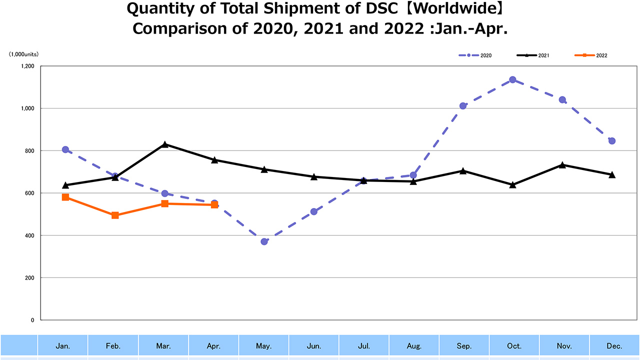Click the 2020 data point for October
pos(512,80)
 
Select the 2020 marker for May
pos(264,241)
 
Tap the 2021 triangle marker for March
pos(164,144)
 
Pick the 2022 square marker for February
pos(115,215)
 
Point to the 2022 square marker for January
pos(65,197)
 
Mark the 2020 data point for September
pos(463,106)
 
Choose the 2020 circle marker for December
pos(611,141)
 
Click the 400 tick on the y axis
pos(29,235)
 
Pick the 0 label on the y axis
pos(33,320)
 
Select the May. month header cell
pos(264,346)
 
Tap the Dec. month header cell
pos(614,346)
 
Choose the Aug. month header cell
pos(414,346)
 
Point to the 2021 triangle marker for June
pos(313,176)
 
